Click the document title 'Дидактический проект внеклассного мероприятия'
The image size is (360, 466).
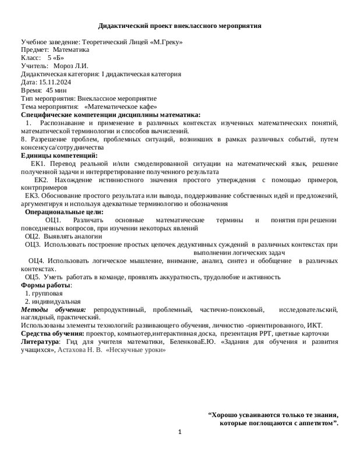click(179, 26)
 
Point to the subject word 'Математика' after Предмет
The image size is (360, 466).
click(71, 51)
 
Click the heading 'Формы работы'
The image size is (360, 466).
click(46, 285)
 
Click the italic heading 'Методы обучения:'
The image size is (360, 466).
click(53, 309)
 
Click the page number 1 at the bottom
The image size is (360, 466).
click(180, 432)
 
